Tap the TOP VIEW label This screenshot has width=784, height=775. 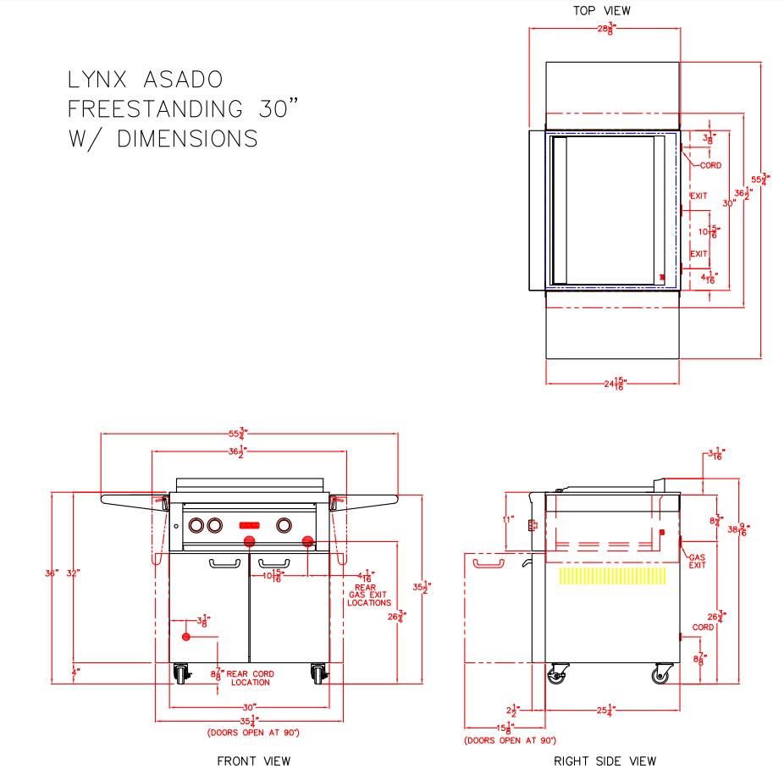(x=602, y=11)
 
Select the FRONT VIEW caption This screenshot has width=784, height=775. (x=253, y=761)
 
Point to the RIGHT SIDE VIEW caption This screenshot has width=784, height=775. (x=605, y=761)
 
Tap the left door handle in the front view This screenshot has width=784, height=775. (x=224, y=562)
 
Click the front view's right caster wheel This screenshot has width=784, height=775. (x=317, y=674)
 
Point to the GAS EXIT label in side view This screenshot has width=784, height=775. (x=697, y=561)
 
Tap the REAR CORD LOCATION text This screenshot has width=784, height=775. (x=249, y=678)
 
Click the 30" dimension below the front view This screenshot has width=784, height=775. (x=249, y=706)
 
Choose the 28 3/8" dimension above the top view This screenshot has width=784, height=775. (x=605, y=29)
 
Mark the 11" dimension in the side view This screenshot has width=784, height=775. (x=508, y=519)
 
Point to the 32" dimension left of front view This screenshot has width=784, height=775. (x=73, y=573)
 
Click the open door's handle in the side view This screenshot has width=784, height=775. (x=487, y=562)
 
